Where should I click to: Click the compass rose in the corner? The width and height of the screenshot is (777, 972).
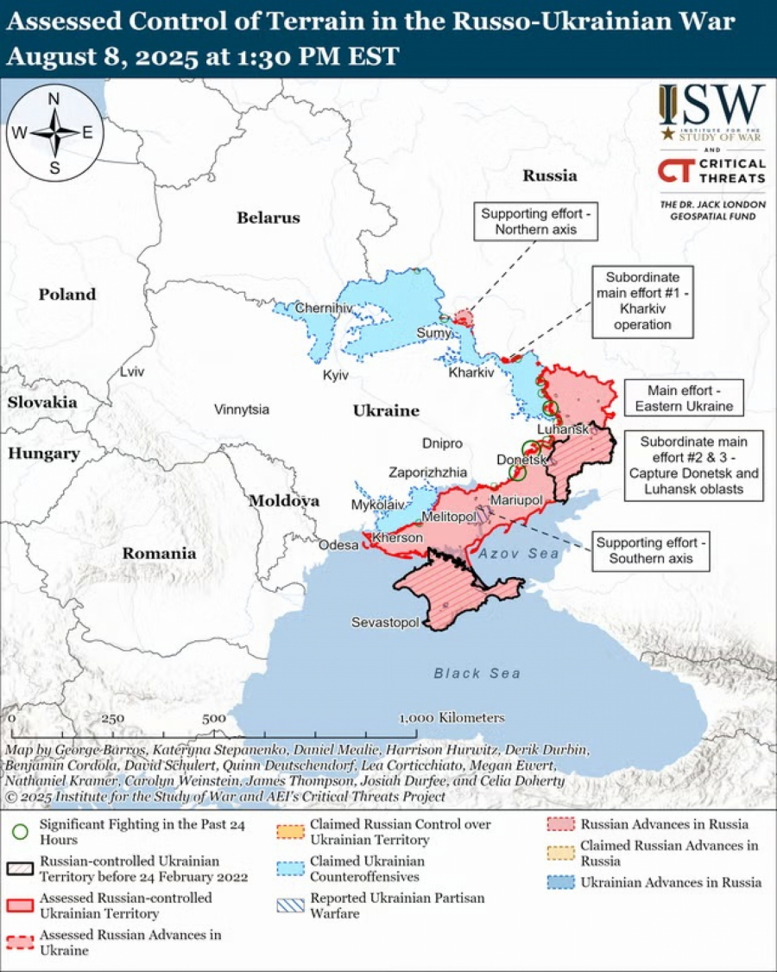[54, 133]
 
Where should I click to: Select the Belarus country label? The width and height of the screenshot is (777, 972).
[268, 218]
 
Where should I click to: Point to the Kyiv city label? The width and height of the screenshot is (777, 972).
[335, 375]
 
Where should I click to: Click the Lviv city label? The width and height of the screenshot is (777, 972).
[133, 371]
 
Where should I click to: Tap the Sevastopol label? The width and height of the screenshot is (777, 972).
[385, 622]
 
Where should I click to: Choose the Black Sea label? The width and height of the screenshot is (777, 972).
[477, 673]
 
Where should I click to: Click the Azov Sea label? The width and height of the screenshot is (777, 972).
[519, 554]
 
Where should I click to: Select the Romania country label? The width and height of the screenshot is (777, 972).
[158, 553]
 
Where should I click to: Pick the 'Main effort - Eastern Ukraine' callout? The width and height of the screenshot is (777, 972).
[684, 398]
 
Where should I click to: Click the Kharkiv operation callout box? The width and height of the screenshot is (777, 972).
[642, 302]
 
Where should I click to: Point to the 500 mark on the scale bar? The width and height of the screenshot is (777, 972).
[214, 718]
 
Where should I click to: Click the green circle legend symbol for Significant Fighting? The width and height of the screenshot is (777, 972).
[21, 832]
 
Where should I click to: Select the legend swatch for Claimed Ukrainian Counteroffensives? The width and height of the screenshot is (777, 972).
[292, 868]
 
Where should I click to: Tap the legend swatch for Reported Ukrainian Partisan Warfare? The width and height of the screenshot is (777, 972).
[292, 905]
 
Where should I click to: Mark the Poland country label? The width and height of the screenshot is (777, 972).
[67, 295]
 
